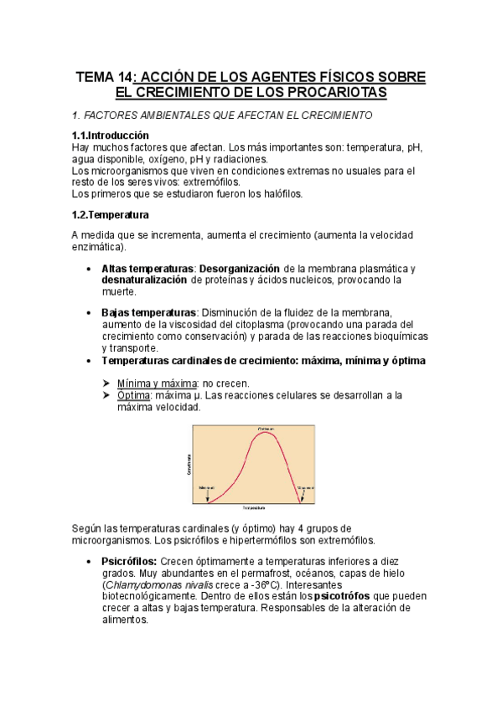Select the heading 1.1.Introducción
point(111,136)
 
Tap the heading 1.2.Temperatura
point(111,214)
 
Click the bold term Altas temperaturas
point(147,269)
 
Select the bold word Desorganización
point(239,269)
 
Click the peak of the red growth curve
point(266,432)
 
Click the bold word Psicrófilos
point(128,560)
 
